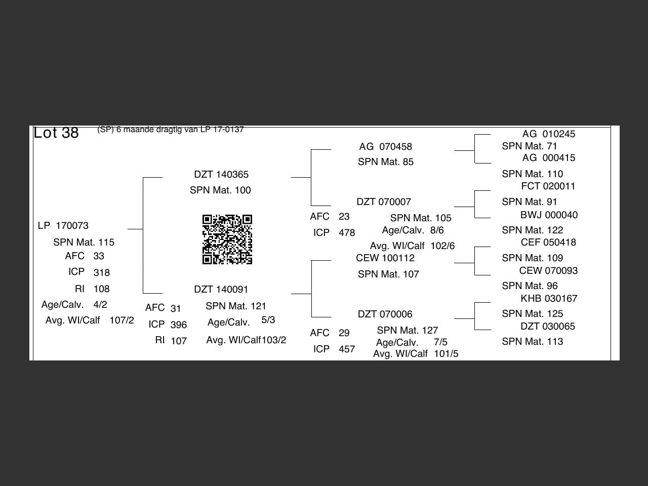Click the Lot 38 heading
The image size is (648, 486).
(56, 133)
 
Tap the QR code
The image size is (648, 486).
(227, 239)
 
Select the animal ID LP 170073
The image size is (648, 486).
(63, 226)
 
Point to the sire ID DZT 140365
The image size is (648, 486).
(221, 174)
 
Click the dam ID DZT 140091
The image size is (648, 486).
(221, 289)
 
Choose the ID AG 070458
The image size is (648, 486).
(386, 146)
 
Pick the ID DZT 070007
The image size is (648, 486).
(384, 202)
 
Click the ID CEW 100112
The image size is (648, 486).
(385, 258)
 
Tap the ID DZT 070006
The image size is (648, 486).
(385, 314)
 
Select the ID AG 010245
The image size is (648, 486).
(549, 134)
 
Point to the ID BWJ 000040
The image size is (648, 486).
(549, 215)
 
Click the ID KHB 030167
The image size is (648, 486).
(549, 298)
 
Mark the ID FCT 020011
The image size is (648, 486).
(548, 186)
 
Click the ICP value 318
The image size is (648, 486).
(102, 273)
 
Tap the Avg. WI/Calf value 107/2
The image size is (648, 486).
(121, 320)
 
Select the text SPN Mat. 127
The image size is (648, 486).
(408, 330)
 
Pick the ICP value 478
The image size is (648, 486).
(347, 233)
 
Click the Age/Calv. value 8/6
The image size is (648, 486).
(437, 230)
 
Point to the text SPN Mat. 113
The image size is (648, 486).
(533, 341)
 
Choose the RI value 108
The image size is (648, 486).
(102, 289)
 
